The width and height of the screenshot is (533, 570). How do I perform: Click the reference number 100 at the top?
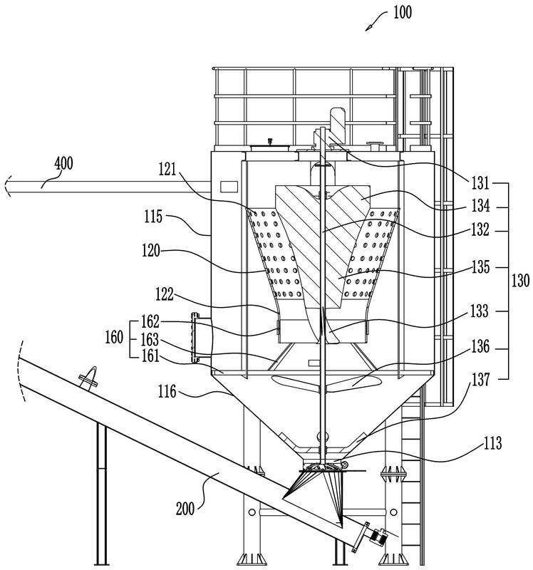(401, 12)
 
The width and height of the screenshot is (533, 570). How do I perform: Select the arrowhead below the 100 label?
(369, 27)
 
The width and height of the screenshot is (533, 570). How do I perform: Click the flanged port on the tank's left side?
(196, 338)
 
